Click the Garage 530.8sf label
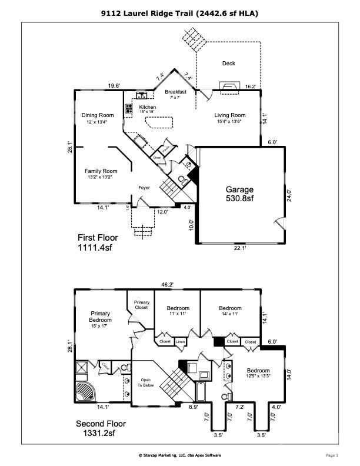[x=239, y=194]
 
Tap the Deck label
[x=229, y=64]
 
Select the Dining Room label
[x=98, y=119]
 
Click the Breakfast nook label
[x=175, y=95]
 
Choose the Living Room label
[x=229, y=118]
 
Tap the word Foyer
[x=144, y=188]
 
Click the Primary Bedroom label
[x=101, y=320]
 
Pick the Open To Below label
[x=145, y=383]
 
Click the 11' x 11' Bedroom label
[x=178, y=312]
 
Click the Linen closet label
[x=180, y=341]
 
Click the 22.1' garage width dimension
[x=240, y=249]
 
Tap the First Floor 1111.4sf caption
[x=98, y=243]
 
